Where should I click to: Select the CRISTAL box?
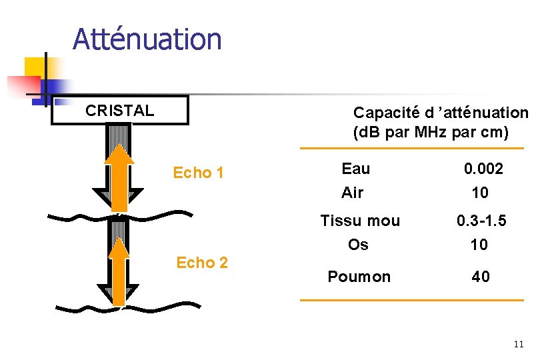click(x=120, y=111)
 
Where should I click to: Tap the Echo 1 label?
click(x=198, y=173)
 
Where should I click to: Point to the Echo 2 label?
click(x=202, y=263)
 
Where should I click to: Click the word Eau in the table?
click(x=355, y=169)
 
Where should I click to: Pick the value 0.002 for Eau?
click(x=483, y=169)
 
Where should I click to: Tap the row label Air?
click(x=352, y=193)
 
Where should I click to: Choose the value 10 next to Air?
click(x=479, y=193)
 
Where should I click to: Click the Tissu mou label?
click(x=360, y=221)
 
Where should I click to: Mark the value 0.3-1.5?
click(x=481, y=221)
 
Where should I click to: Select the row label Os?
click(x=358, y=245)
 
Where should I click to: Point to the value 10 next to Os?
click(x=479, y=245)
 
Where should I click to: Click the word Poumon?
click(x=359, y=277)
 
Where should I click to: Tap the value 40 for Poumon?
click(x=481, y=277)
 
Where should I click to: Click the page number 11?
click(x=519, y=345)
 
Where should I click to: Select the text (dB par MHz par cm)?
click(x=431, y=132)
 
